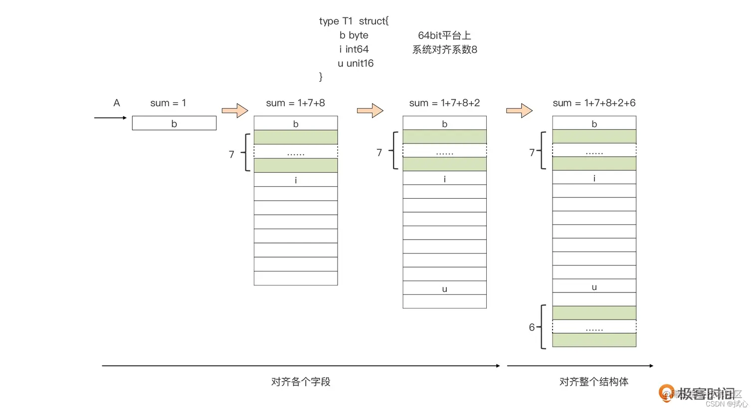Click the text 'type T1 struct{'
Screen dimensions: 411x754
click(x=354, y=21)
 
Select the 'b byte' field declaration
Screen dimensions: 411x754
click(x=354, y=35)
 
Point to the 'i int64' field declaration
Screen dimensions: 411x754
click(x=354, y=49)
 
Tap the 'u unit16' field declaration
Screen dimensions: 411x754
click(x=355, y=63)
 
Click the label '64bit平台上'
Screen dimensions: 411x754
click(x=444, y=35)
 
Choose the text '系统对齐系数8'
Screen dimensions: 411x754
click(x=444, y=49)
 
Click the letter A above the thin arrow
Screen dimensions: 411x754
click(x=117, y=103)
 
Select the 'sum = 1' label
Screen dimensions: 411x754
click(x=168, y=103)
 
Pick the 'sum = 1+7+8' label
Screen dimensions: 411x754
click(x=295, y=103)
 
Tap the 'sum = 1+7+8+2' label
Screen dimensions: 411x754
click(x=444, y=103)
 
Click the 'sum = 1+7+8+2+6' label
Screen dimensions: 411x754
click(x=594, y=103)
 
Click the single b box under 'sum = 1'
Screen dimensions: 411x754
click(x=174, y=124)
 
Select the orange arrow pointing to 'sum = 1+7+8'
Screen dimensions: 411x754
click(x=235, y=111)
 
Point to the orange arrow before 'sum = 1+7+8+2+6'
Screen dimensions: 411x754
click(x=519, y=111)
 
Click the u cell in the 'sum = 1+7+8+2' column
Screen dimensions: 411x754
click(x=444, y=288)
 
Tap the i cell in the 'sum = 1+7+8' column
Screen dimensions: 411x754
click(x=296, y=180)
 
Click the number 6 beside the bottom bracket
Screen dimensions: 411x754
click(x=532, y=327)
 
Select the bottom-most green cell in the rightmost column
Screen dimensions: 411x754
click(x=594, y=340)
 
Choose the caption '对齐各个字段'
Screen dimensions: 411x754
click(x=301, y=382)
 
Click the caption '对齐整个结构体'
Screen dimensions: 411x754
click(x=593, y=382)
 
